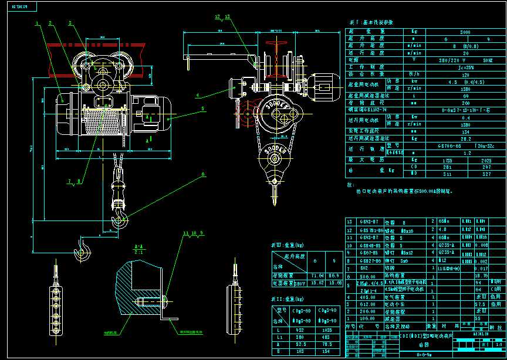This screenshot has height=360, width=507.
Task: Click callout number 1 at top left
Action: (x=37, y=23)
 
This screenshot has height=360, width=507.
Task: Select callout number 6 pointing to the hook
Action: (x=204, y=174)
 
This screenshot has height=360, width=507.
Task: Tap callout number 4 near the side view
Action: (x=198, y=94)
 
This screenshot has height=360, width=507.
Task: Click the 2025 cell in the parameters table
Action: (x=485, y=159)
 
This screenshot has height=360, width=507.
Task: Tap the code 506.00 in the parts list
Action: (x=367, y=276)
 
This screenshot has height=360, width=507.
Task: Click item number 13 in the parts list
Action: (x=351, y=222)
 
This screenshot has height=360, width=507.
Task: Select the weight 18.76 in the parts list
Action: (x=481, y=275)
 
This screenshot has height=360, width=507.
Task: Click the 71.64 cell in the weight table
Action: (x=317, y=275)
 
